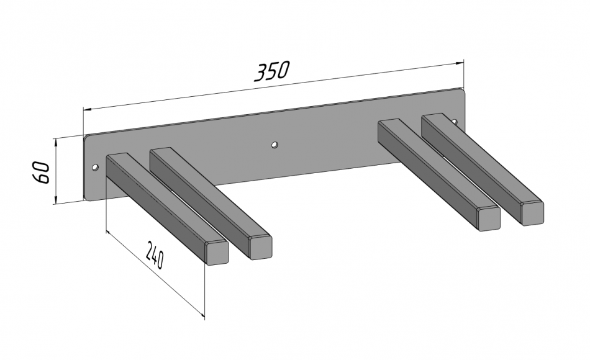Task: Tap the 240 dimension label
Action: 155,255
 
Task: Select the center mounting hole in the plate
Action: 275,145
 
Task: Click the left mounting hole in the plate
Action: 96,167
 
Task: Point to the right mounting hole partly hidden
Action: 454,121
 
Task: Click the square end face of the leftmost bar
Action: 217,253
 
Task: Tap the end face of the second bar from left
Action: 261,248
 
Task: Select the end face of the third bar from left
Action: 489,218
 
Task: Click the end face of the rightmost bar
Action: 532,214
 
